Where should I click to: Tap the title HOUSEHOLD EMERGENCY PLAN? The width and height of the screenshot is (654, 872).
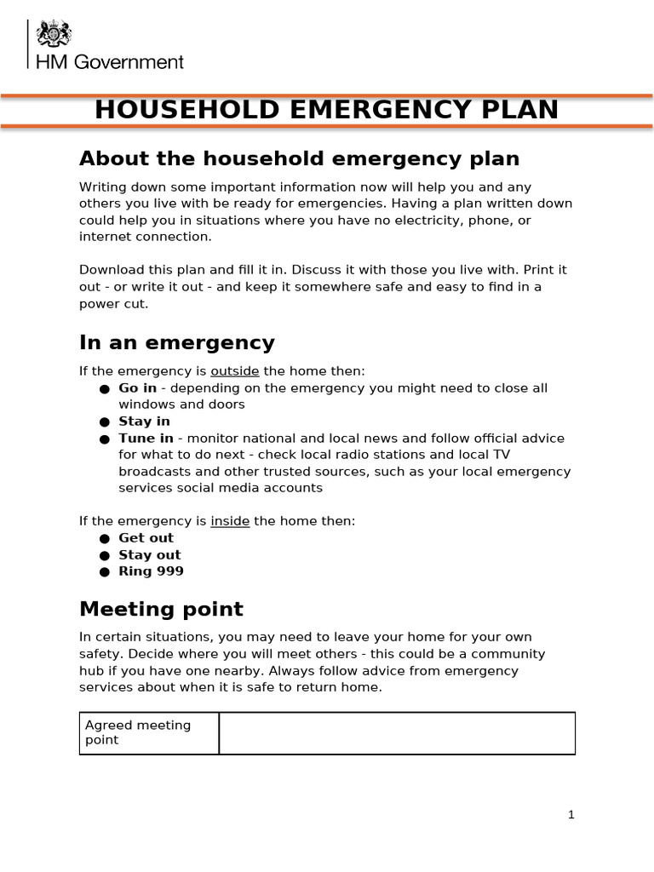click(x=326, y=110)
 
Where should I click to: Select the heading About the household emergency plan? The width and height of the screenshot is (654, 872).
click(x=299, y=158)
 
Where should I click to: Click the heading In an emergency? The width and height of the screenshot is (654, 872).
click(x=176, y=342)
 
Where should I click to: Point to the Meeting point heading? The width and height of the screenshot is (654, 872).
click(x=161, y=609)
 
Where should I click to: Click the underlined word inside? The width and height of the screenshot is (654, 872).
click(x=230, y=521)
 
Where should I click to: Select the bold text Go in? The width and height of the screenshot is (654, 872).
click(x=137, y=388)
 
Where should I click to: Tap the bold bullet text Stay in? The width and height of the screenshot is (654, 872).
click(x=144, y=422)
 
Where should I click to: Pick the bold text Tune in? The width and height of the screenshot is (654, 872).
click(x=146, y=439)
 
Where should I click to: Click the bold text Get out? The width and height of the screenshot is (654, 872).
click(x=146, y=538)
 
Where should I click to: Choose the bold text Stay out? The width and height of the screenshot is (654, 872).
click(x=149, y=555)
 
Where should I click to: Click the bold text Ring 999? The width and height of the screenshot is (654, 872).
click(x=151, y=571)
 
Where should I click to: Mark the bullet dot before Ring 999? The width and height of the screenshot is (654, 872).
click(x=104, y=572)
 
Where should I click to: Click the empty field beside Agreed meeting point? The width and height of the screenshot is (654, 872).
click(x=397, y=732)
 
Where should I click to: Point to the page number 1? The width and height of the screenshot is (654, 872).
click(x=571, y=815)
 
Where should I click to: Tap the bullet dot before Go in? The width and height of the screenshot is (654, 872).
click(x=104, y=389)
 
